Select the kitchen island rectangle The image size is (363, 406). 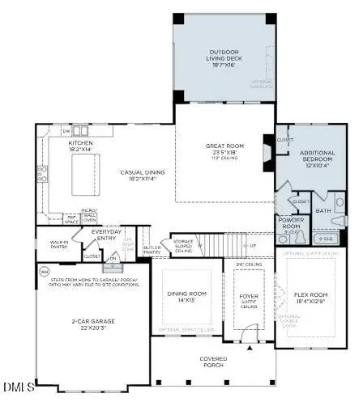[x=83, y=173]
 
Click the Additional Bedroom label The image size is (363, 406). [x=318, y=156]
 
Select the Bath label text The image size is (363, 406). [x=324, y=211]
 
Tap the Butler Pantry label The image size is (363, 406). [x=152, y=251]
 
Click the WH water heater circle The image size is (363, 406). [x=45, y=271]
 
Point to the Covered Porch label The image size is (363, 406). [x=213, y=360]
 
